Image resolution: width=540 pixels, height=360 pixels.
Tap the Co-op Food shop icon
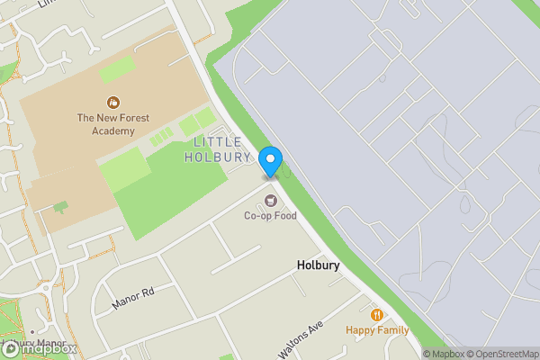(x=270, y=199)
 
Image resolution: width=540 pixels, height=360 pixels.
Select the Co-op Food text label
(x=270, y=216)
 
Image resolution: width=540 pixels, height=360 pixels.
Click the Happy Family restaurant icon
(x=376, y=315)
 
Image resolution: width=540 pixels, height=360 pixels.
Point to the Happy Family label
(x=376, y=330)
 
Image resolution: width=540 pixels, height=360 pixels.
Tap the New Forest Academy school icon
(x=113, y=103)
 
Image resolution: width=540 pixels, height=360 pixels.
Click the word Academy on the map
(x=112, y=130)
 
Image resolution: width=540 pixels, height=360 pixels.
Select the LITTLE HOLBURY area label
(x=213, y=149)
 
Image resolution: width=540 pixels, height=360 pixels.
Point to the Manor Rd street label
(x=134, y=299)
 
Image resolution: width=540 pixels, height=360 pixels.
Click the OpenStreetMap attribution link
(x=502, y=354)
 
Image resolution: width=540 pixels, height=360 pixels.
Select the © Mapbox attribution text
(x=443, y=354)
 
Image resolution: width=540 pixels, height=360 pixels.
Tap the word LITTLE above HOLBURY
(x=218, y=142)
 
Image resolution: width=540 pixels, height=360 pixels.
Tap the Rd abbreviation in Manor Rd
(x=148, y=292)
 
